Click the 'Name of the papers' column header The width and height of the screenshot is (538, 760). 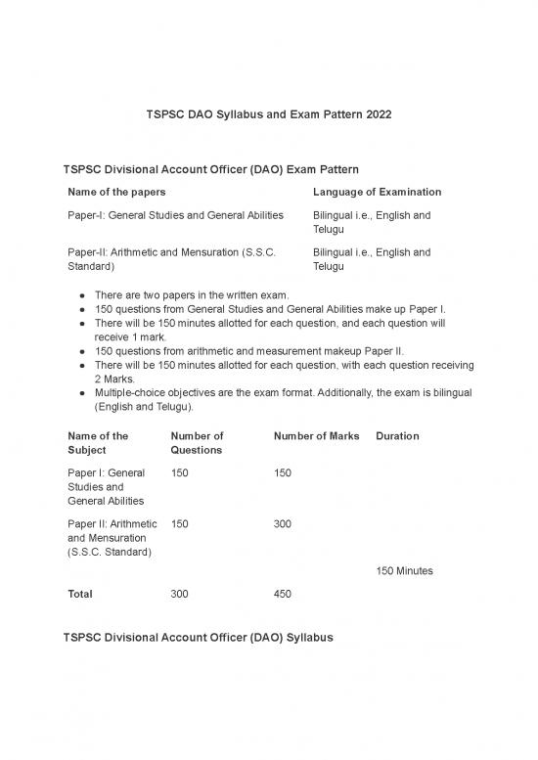tap(116, 192)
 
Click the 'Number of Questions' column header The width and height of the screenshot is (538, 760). tap(197, 443)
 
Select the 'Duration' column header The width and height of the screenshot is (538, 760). tap(397, 436)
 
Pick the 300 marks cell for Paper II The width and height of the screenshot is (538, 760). tap(286, 524)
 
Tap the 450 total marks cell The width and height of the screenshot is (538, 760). tap(286, 594)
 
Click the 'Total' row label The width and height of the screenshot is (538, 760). tap(81, 594)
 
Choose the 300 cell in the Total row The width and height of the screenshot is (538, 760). tap(181, 594)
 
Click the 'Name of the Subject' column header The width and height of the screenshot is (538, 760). tap(99, 443)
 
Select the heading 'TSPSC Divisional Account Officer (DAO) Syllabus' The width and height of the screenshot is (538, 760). tap(198, 638)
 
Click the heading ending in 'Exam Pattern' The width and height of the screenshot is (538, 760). tap(216, 169)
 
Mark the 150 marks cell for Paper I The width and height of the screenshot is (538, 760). tap(286, 473)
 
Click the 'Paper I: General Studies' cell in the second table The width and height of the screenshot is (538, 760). tap(106, 486)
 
